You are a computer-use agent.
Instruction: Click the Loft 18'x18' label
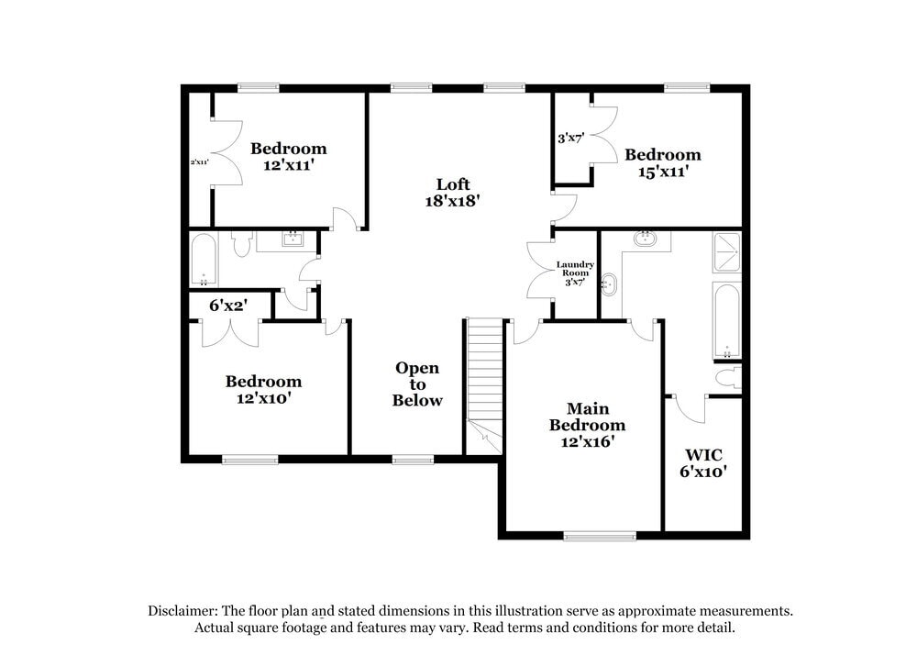pos(453,192)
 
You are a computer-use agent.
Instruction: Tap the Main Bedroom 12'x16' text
pos(587,424)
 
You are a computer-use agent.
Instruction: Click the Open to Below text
pos(417,384)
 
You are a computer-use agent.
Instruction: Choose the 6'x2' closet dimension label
pos(228,305)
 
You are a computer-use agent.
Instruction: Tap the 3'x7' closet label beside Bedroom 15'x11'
pos(571,139)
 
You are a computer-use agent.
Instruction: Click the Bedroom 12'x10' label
pos(264,390)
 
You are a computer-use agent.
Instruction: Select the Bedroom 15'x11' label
pos(662,162)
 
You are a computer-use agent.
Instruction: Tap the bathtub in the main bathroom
pos(726,321)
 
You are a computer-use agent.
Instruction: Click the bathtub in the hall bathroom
pos(204,260)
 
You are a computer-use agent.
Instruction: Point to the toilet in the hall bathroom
pos(242,245)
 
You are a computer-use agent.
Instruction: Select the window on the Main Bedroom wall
pos(599,536)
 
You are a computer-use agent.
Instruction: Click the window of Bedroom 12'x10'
pos(250,460)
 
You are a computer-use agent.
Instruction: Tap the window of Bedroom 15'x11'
pos(687,88)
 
